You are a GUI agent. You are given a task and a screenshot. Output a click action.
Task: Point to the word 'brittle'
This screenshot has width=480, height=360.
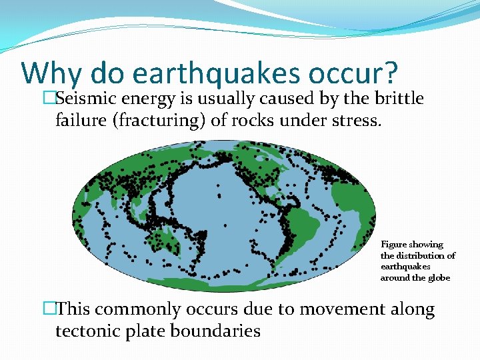coord(398,99)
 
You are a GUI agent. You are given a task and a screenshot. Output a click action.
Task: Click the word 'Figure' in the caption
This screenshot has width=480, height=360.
coord(394,245)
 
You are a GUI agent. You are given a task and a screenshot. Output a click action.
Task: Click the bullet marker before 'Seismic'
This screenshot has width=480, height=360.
coord(47,99)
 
